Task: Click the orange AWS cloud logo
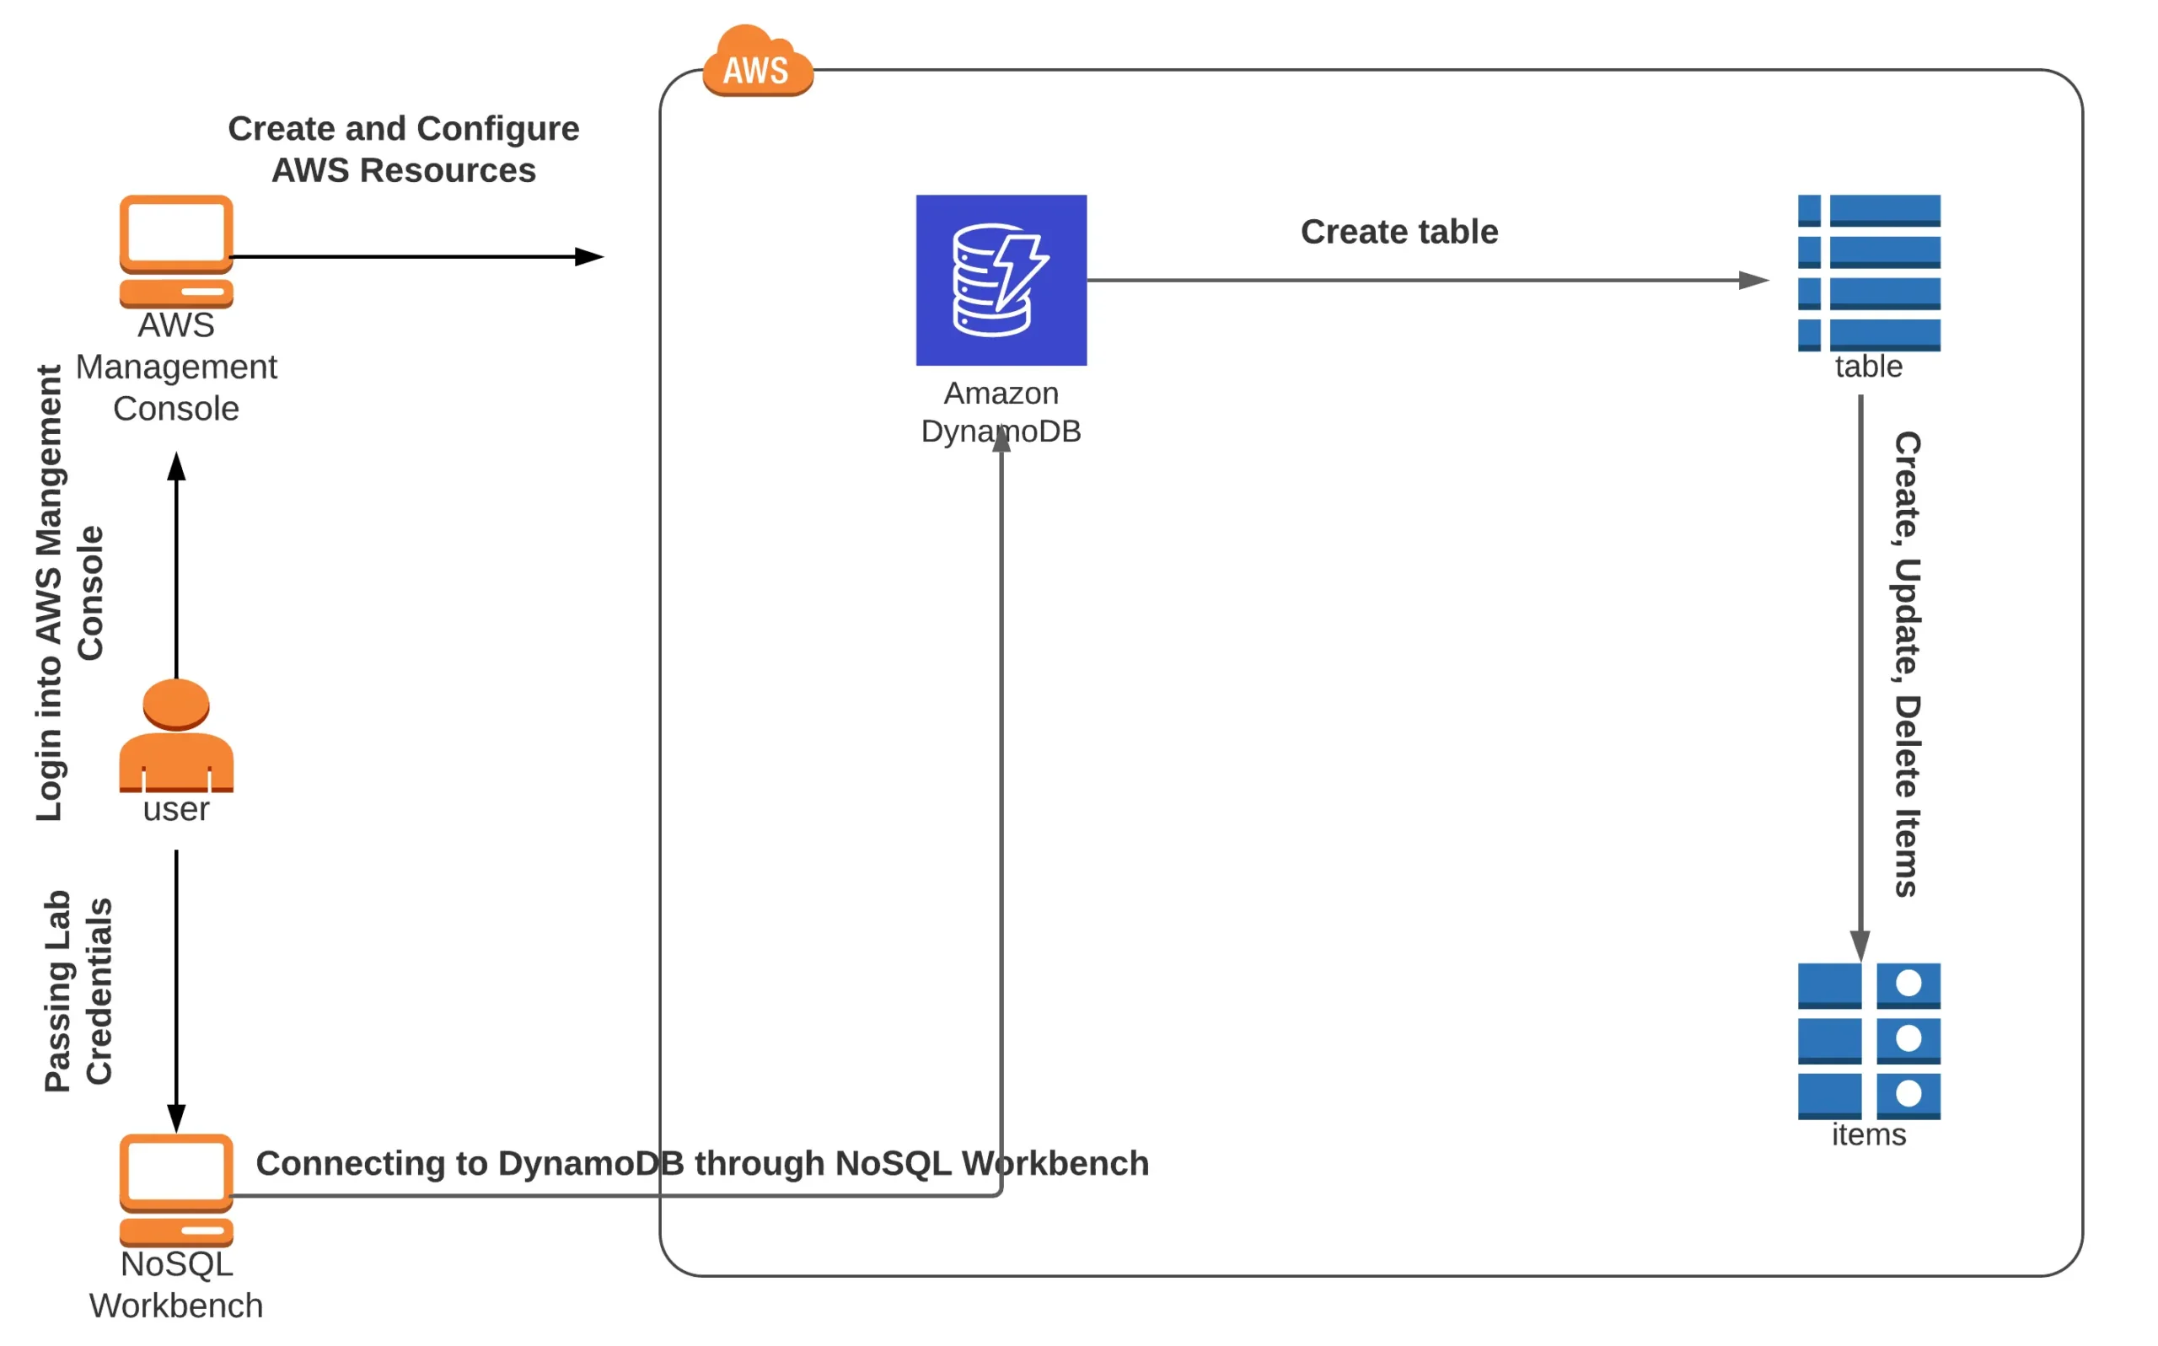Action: point(757,62)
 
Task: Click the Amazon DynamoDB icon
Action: point(1001,280)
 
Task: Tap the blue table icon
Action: point(1868,272)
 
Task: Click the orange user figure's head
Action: point(176,703)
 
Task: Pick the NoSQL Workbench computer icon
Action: point(176,1189)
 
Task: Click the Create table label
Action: point(1398,232)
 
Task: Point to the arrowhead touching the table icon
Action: point(1754,281)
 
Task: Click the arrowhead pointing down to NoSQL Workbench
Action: point(176,1118)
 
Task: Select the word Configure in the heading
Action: point(497,130)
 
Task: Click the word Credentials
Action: point(98,991)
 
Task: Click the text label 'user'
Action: point(176,809)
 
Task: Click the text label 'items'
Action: point(1868,1135)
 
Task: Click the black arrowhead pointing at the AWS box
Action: point(589,256)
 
